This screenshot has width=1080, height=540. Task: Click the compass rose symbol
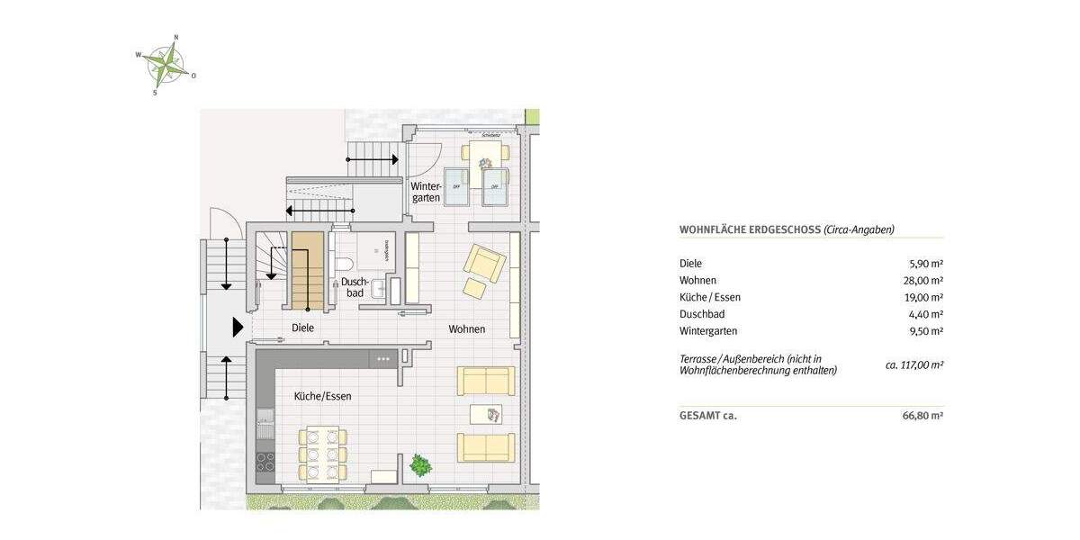click(x=166, y=64)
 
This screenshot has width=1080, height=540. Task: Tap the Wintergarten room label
click(x=425, y=192)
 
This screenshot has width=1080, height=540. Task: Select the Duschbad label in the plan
click(x=353, y=288)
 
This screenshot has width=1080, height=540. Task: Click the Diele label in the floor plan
click(x=302, y=328)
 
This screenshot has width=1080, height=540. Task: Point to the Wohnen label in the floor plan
click(x=467, y=329)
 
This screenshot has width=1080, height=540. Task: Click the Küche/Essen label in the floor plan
click(x=322, y=396)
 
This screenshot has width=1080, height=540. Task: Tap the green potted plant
click(x=419, y=465)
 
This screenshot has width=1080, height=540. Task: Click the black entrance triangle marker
click(x=238, y=328)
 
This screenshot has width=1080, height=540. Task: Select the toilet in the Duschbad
click(x=343, y=263)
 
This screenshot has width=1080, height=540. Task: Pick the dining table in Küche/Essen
click(x=322, y=453)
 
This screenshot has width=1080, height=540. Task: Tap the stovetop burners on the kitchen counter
click(x=265, y=462)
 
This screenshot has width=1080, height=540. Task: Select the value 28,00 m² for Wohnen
click(x=925, y=281)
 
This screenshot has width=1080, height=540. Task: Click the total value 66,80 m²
click(x=925, y=416)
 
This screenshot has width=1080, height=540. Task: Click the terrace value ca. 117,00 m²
click(x=914, y=365)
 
